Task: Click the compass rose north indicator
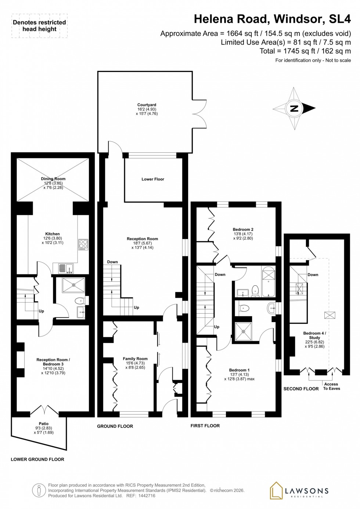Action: point(294,108)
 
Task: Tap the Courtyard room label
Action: point(147,105)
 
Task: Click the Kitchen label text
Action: point(52,234)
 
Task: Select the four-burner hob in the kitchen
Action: point(83,245)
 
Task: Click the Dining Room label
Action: point(53,179)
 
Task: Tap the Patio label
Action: point(44,424)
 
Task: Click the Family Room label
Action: point(135,359)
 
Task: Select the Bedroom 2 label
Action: point(243,230)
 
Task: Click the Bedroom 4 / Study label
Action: point(314,335)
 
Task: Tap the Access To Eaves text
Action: point(331,386)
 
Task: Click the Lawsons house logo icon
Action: point(276,490)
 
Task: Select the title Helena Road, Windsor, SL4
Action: point(272,19)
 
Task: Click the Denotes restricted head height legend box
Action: point(39,26)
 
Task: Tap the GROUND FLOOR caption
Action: point(115,426)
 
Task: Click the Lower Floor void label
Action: point(153,179)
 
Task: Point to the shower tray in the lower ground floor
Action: point(73,285)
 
